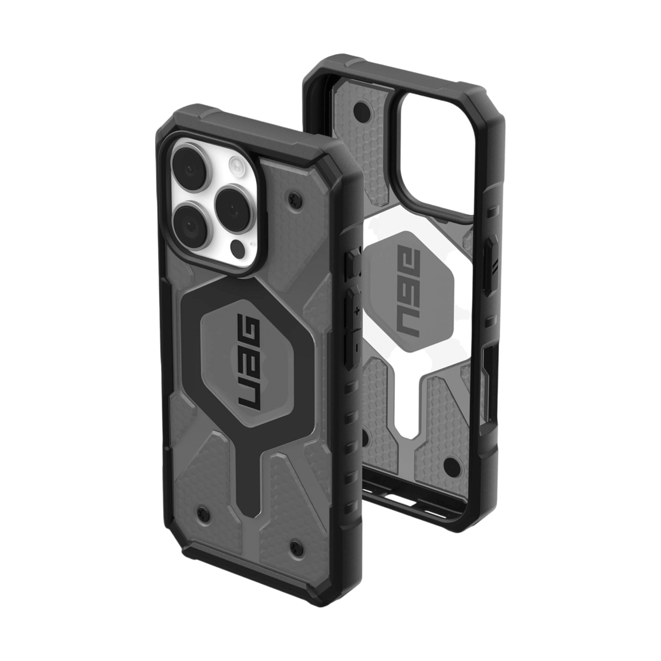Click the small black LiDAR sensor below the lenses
click(237, 246)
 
